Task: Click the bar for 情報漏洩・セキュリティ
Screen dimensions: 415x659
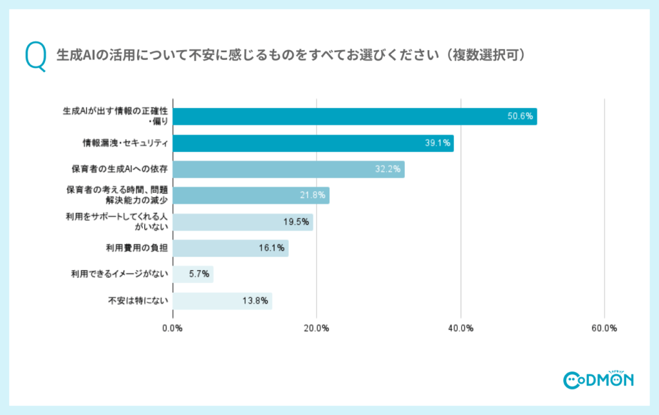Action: pos(313,143)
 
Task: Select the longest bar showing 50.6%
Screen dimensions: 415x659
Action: pos(355,116)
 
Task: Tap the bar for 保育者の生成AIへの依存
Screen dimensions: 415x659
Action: pos(289,169)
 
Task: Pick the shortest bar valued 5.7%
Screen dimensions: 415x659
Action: pos(193,274)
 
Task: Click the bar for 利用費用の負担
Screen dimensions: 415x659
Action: pos(230,248)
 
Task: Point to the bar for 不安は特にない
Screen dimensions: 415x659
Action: pos(223,300)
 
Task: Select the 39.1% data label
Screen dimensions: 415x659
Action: pos(438,143)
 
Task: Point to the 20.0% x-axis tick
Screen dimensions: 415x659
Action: pos(317,328)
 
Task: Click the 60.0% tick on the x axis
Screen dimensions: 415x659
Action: pos(604,328)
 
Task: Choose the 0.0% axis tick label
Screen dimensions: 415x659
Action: pos(172,328)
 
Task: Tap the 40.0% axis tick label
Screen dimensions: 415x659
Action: pos(461,328)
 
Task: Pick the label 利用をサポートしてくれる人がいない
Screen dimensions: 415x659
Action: pos(116,222)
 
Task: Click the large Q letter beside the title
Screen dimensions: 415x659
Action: pos(35,56)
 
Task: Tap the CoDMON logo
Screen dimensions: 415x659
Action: pos(598,380)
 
